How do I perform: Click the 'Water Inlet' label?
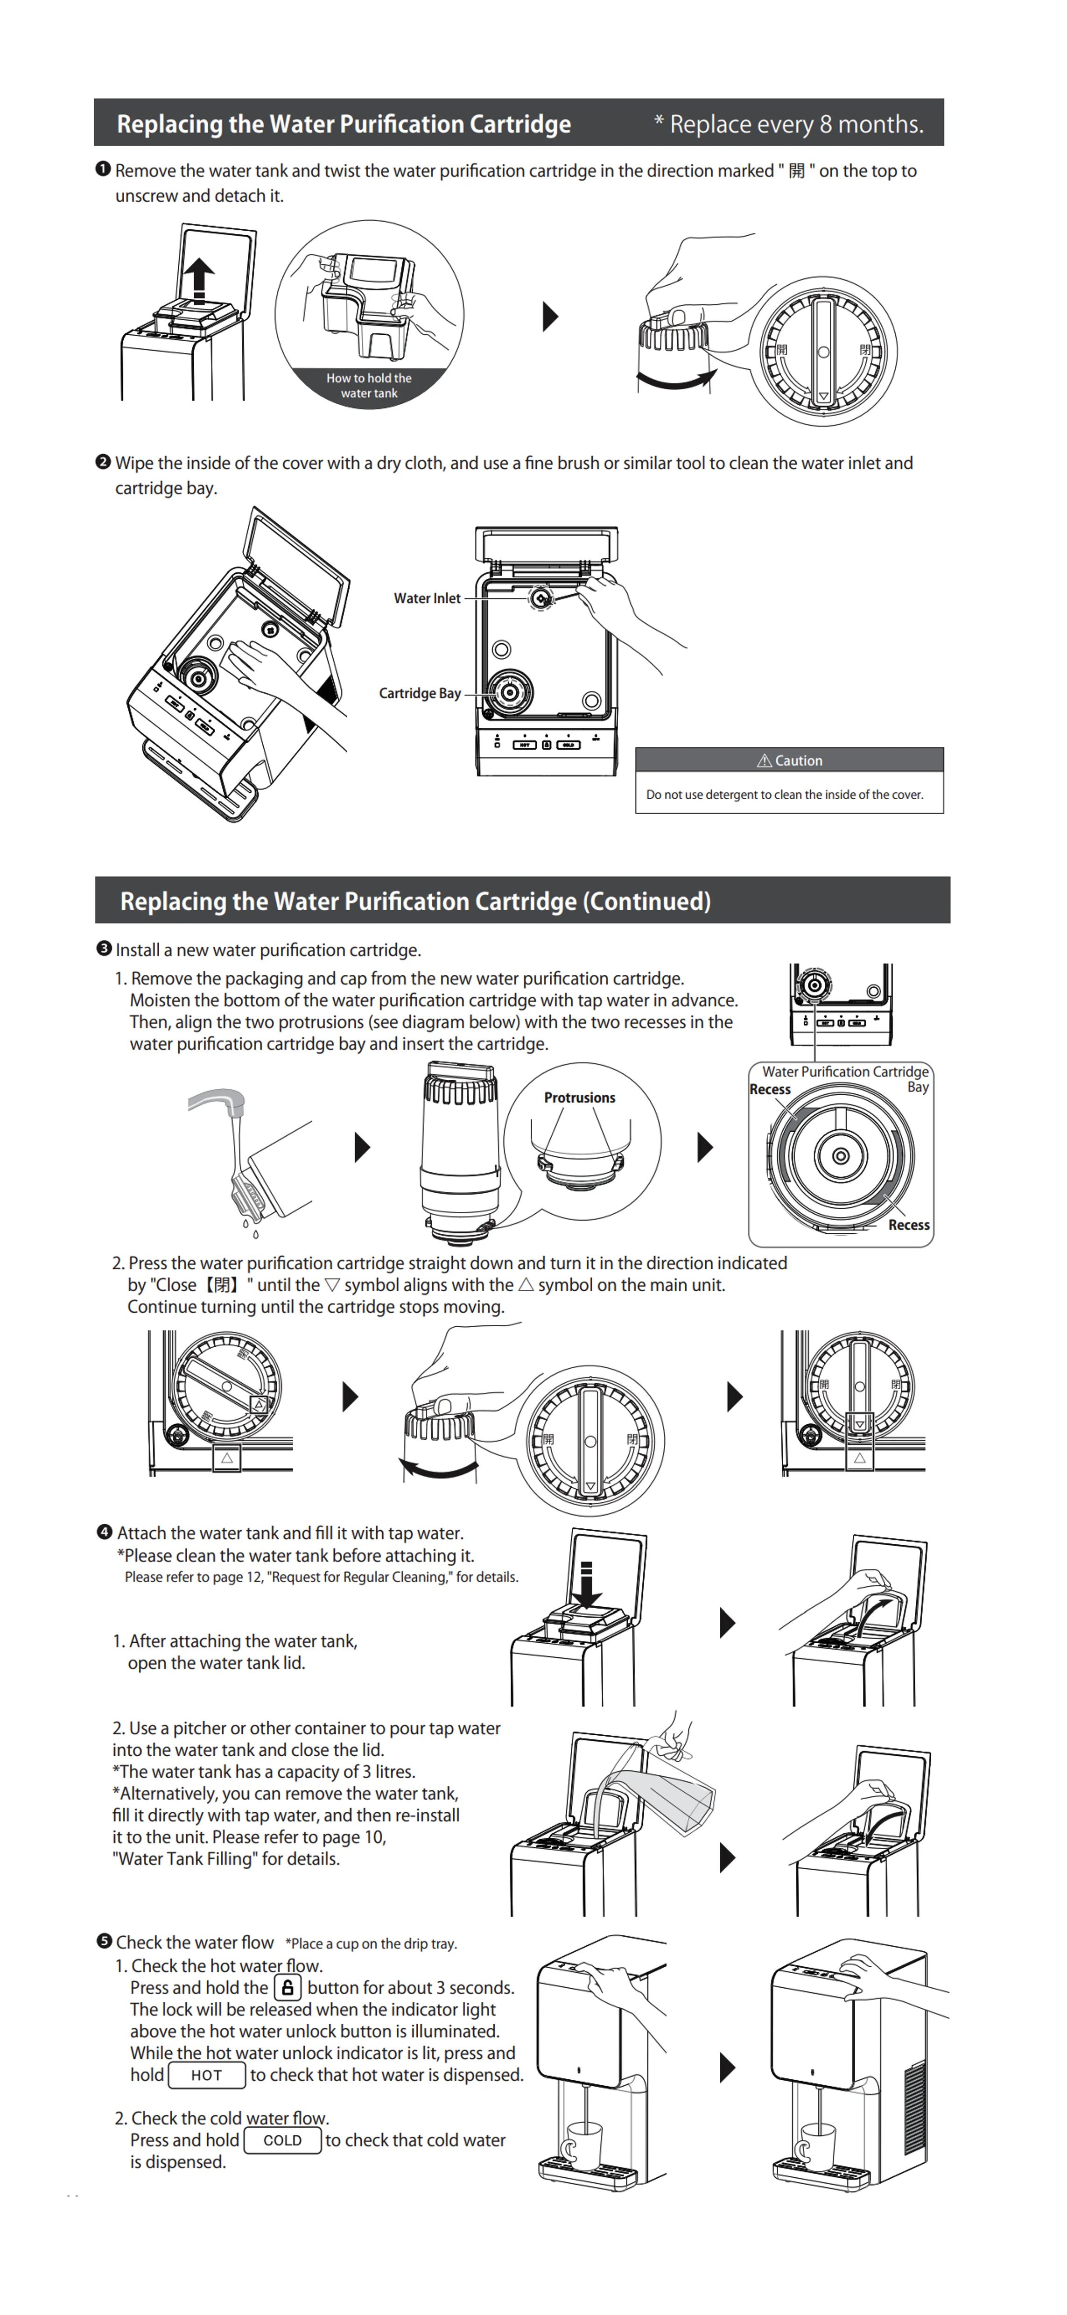[x=427, y=598]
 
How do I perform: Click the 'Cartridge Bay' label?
[x=420, y=694]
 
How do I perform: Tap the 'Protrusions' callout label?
[x=580, y=1098]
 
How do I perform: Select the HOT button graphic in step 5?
[x=207, y=2075]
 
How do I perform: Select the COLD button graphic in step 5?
[x=282, y=2141]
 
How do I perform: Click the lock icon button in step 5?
[x=288, y=1988]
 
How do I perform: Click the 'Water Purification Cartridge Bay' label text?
[x=845, y=1072]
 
